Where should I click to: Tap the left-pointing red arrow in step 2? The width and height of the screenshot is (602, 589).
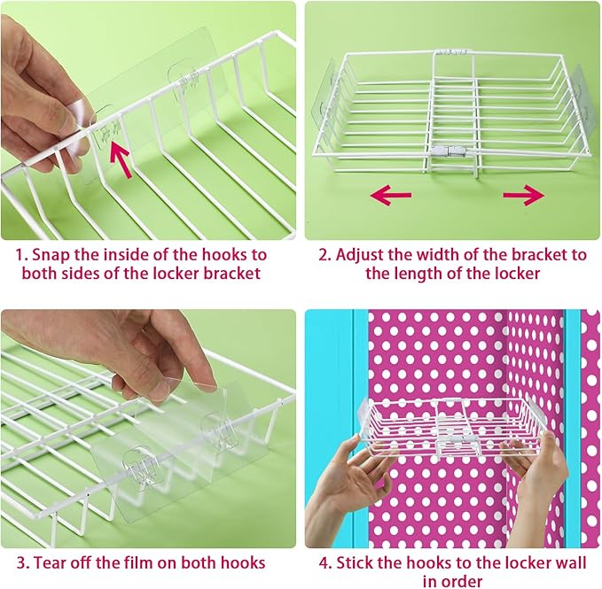pos(391,195)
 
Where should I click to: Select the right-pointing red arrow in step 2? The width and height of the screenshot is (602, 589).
pos(524,195)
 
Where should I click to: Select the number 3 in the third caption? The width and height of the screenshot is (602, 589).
pos(21,563)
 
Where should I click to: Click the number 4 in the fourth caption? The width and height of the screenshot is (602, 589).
pos(324,563)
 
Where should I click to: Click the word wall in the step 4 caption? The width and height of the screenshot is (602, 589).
pos(571,563)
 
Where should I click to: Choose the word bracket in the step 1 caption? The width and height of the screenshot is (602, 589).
pos(231,274)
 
